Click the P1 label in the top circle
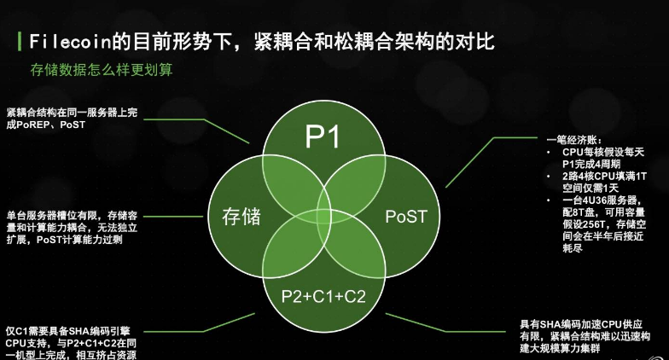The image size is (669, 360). click(x=323, y=136)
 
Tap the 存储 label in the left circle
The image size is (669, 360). click(x=241, y=217)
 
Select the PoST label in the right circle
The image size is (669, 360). click(x=406, y=217)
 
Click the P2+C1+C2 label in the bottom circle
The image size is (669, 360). click(x=323, y=296)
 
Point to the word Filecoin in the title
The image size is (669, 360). click(x=70, y=42)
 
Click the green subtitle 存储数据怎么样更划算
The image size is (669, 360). click(x=102, y=70)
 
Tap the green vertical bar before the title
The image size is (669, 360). click(x=19, y=41)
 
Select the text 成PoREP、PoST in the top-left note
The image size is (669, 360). click(x=46, y=125)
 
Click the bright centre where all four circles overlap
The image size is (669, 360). click(x=324, y=217)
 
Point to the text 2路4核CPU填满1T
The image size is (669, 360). click(x=604, y=176)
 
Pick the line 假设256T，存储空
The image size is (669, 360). click(x=604, y=224)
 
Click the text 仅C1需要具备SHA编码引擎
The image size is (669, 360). click(x=68, y=331)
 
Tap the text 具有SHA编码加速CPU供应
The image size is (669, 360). click(x=580, y=324)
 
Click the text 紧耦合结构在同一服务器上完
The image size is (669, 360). click(x=72, y=113)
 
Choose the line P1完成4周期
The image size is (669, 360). click(x=590, y=164)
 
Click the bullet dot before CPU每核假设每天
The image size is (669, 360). click(x=550, y=152)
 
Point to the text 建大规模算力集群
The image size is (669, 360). click(x=560, y=348)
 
